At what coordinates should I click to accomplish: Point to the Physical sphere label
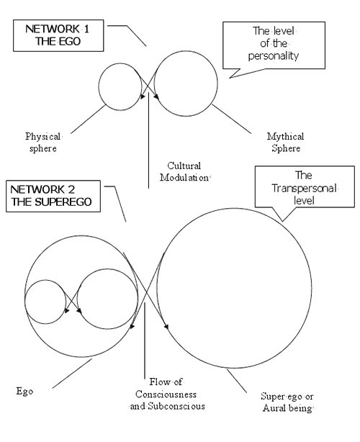43,143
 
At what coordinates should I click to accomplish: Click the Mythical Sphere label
286,143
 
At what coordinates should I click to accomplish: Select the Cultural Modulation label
185,171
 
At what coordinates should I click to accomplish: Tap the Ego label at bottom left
24,392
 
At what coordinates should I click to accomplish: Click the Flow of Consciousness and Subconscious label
167,394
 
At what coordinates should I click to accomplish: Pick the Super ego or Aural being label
287,402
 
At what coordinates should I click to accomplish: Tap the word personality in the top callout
274,56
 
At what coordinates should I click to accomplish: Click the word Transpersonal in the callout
305,189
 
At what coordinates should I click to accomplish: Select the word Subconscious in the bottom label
176,406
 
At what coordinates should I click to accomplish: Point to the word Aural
273,408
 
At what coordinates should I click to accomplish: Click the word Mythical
286,137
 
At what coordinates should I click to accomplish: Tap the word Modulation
184,178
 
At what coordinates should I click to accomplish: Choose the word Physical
43,137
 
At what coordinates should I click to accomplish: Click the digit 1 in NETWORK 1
86,29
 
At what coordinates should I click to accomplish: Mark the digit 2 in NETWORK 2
71,190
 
